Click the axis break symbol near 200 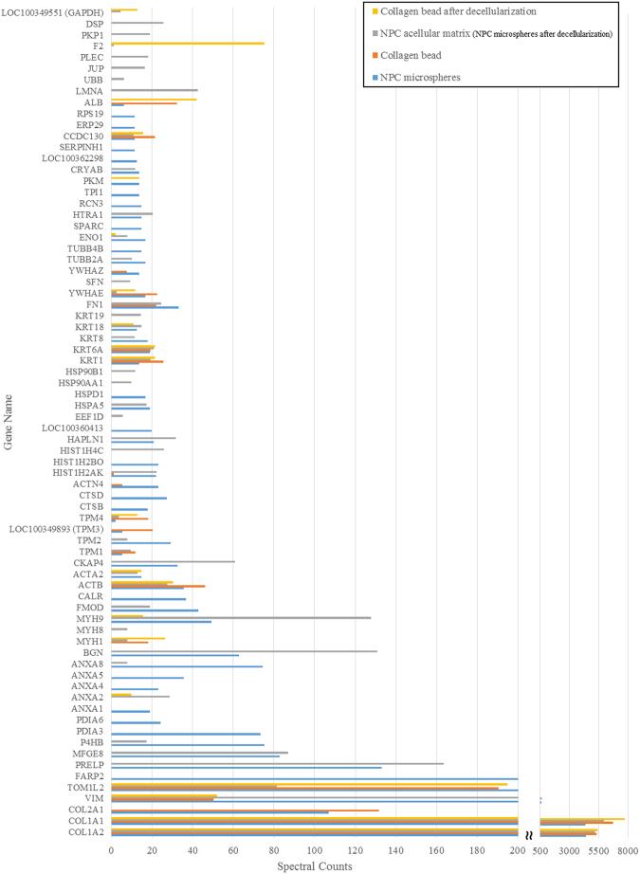(x=529, y=835)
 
